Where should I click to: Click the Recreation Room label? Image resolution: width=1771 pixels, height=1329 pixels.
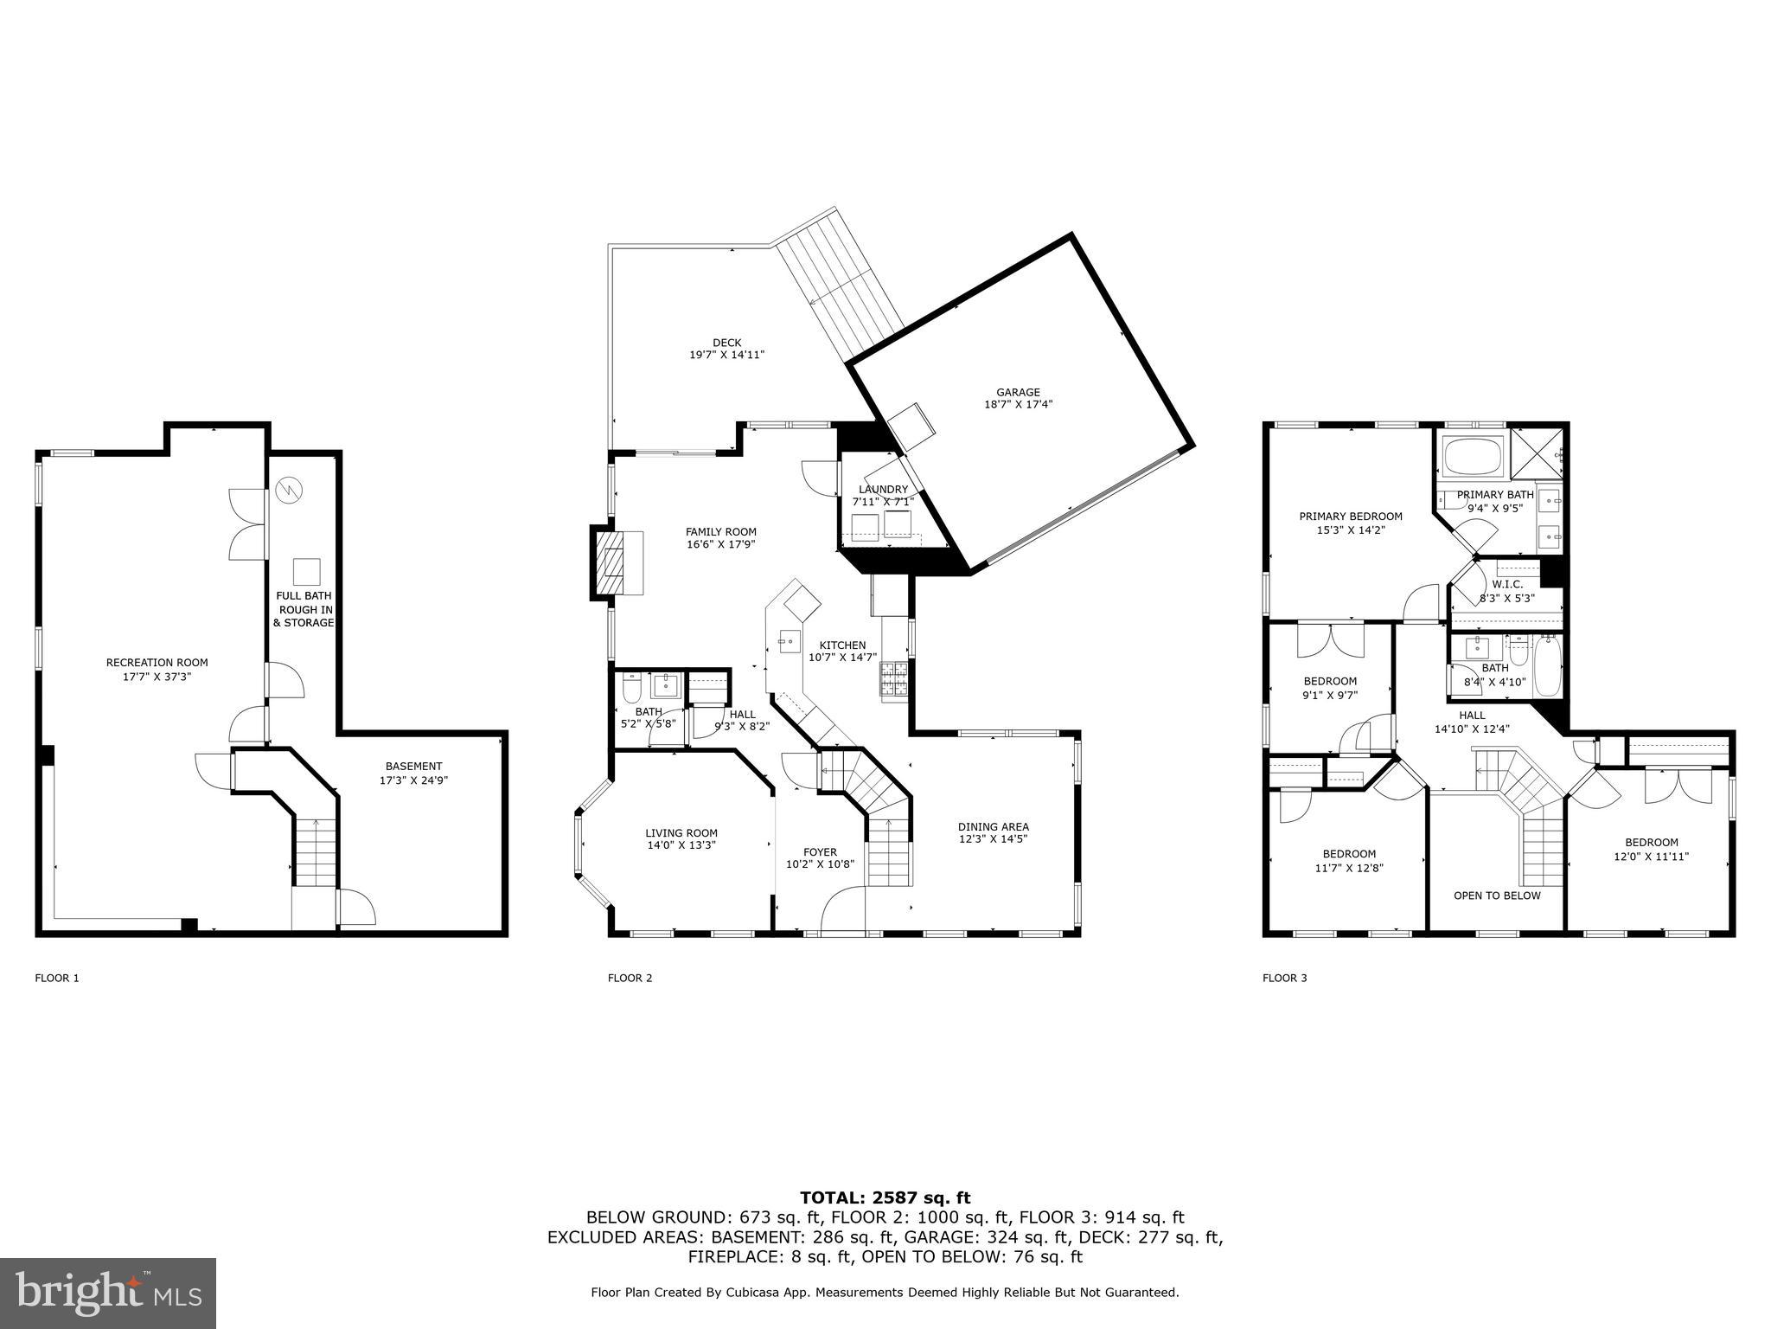click(x=157, y=663)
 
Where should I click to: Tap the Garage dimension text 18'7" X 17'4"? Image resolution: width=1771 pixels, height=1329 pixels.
click(x=1018, y=404)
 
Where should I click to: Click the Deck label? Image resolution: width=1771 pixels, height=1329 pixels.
click(x=726, y=343)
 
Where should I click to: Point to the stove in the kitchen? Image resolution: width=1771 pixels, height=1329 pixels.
click(x=893, y=679)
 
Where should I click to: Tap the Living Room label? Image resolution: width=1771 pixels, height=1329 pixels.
click(x=681, y=833)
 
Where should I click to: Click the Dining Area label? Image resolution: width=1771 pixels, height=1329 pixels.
click(x=993, y=826)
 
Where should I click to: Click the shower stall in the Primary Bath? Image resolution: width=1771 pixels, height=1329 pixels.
click(x=1537, y=453)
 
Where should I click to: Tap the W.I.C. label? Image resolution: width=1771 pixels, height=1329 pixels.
click(x=1506, y=584)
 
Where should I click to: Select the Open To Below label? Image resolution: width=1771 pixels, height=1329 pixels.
click(x=1497, y=896)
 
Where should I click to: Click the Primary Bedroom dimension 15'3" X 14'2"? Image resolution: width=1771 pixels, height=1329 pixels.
click(x=1351, y=530)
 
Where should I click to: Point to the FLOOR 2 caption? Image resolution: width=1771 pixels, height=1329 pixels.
click(x=630, y=979)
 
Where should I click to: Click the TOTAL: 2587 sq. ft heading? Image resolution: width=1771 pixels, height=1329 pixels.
click(x=885, y=1197)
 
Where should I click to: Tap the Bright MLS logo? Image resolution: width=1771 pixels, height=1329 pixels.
click(x=108, y=1293)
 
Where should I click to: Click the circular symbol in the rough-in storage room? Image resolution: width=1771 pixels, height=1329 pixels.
click(x=289, y=491)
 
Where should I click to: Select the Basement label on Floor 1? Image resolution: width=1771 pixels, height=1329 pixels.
click(x=413, y=766)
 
